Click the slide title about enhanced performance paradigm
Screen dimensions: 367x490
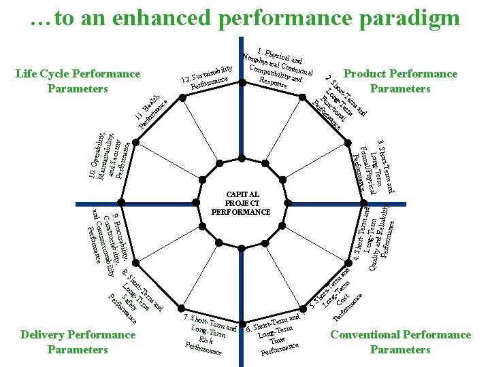point(245,18)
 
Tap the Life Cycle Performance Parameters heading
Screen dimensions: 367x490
point(78,81)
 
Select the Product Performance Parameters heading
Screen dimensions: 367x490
point(400,81)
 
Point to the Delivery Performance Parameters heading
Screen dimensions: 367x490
point(78,342)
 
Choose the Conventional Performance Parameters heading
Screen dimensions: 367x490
point(400,342)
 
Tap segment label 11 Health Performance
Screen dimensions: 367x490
point(150,108)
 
